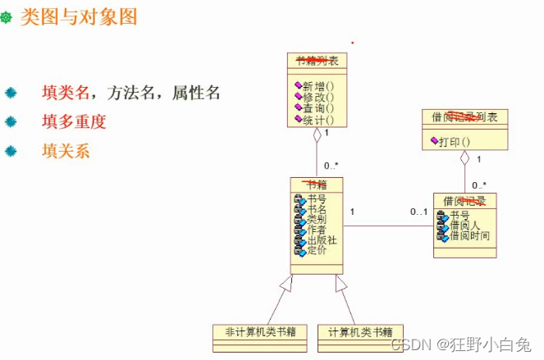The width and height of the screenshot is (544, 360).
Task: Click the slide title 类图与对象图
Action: click(78, 17)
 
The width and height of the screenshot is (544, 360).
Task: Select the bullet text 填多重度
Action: click(75, 122)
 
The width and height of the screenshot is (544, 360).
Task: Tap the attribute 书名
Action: click(317, 209)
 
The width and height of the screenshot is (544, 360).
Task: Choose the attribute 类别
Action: click(317, 220)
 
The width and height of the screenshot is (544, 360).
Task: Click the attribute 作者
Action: click(317, 230)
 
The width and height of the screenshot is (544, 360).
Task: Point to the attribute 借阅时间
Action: click(469, 236)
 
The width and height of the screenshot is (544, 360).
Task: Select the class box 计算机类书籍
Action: click(359, 332)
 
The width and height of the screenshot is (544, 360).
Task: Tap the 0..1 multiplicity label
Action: click(418, 212)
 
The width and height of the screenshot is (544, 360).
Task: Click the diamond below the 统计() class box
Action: click(318, 137)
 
